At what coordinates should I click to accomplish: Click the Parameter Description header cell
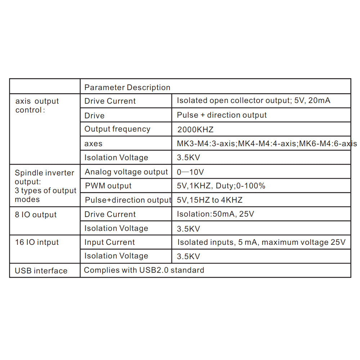click(x=127, y=87)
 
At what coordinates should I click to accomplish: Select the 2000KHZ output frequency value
click(x=195, y=130)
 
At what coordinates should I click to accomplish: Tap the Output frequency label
click(x=117, y=129)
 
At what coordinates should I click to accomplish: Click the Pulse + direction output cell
click(x=222, y=115)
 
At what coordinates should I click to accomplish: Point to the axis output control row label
click(x=37, y=105)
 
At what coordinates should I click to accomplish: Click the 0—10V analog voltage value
click(x=190, y=172)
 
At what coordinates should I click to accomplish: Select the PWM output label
click(x=108, y=186)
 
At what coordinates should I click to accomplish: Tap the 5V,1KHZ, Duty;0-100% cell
click(x=221, y=186)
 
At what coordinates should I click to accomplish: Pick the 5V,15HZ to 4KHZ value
click(x=210, y=200)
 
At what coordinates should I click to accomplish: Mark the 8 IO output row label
click(x=36, y=215)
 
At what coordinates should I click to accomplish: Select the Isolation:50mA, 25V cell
click(x=215, y=214)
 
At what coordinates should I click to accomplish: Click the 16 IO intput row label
click(x=37, y=242)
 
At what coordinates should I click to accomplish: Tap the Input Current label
click(x=109, y=242)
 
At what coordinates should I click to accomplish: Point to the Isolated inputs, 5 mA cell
click(x=261, y=242)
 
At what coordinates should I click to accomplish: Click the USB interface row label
click(x=41, y=271)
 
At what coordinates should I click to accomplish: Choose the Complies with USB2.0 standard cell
click(x=144, y=270)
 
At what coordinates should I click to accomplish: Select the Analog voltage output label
click(x=126, y=172)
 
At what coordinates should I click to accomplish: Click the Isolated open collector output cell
click(x=253, y=101)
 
